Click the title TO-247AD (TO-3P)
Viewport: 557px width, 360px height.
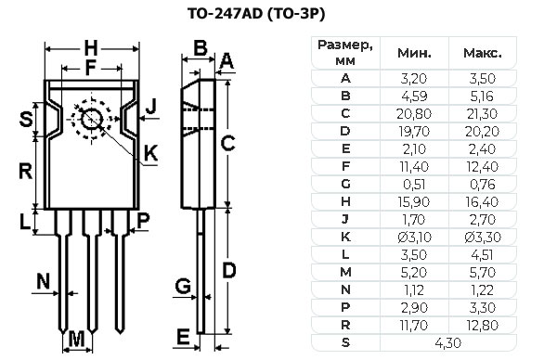coord(256,14)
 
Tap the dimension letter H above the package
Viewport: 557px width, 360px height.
coord(91,48)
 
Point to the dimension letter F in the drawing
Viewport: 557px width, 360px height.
coord(91,68)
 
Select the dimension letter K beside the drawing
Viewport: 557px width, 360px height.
coord(151,153)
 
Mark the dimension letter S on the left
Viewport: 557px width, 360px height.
coord(26,119)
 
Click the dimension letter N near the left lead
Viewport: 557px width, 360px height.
coord(44,281)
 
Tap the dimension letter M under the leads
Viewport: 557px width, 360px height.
coord(76,340)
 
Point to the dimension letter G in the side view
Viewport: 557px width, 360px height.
coord(183,286)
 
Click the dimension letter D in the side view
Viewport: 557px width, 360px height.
coord(229,271)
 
